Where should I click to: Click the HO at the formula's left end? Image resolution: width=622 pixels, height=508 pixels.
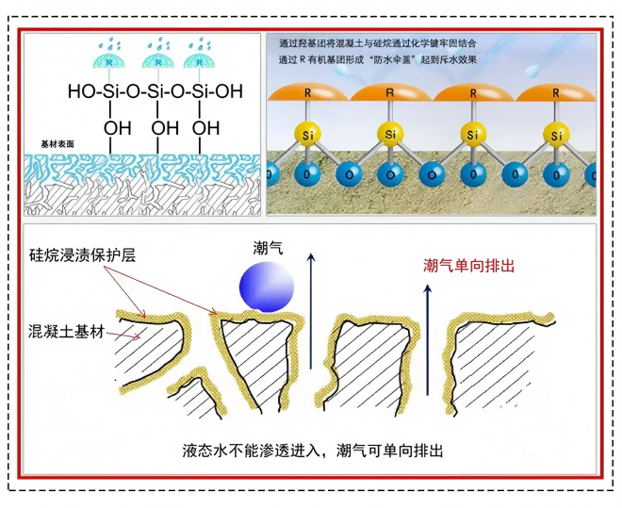[x=80, y=92]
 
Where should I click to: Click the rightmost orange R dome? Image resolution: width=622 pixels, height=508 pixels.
[x=556, y=94]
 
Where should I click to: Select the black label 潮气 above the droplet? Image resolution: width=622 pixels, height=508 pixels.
[x=267, y=247]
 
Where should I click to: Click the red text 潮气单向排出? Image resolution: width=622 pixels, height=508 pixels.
[x=469, y=266]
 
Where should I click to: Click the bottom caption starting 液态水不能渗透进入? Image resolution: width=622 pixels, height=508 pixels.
[x=312, y=450]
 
